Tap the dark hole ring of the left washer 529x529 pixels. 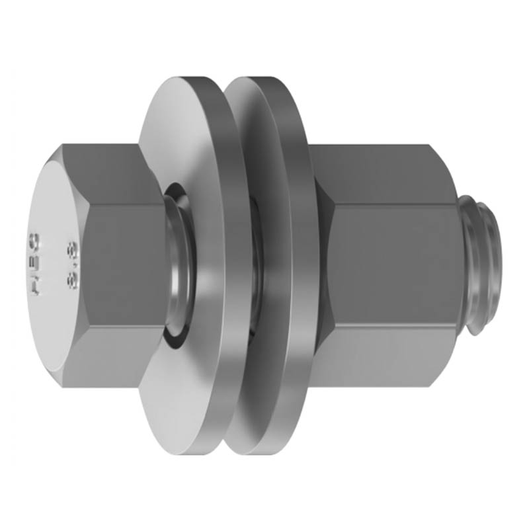pyautogui.click(x=173, y=331)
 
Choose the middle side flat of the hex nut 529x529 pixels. pyautogui.click(x=393, y=264)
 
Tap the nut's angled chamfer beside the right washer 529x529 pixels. pyautogui.click(x=324, y=264)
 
